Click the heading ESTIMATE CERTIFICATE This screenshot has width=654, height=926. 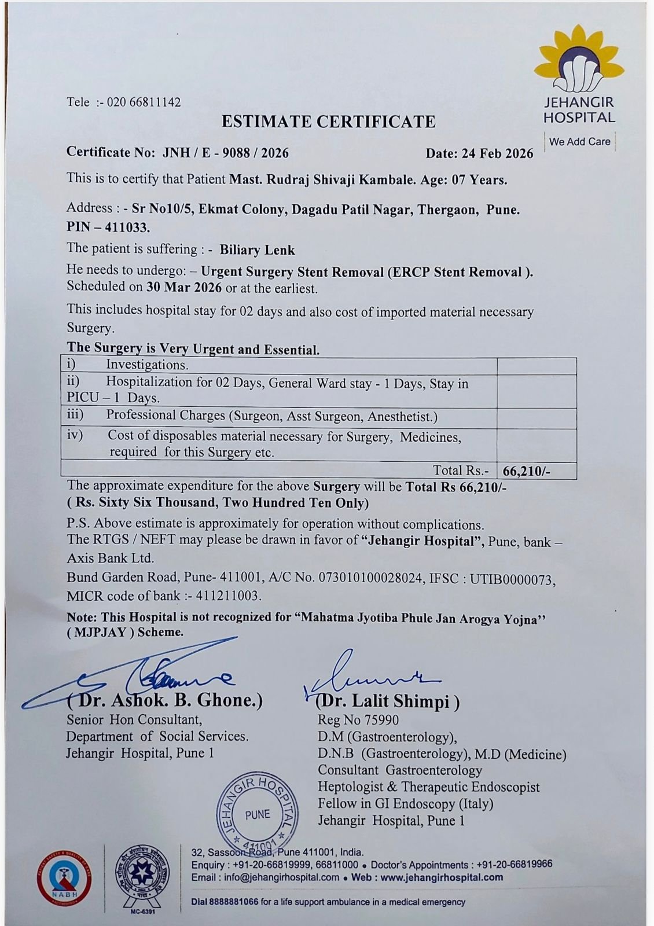pos(328,122)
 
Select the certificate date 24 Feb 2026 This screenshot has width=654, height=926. pos(497,153)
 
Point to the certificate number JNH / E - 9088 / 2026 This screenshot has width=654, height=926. pos(225,153)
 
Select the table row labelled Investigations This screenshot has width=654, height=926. pos(148,365)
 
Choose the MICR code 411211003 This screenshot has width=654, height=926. pos(228,596)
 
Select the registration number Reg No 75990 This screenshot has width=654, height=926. pos(358,720)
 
